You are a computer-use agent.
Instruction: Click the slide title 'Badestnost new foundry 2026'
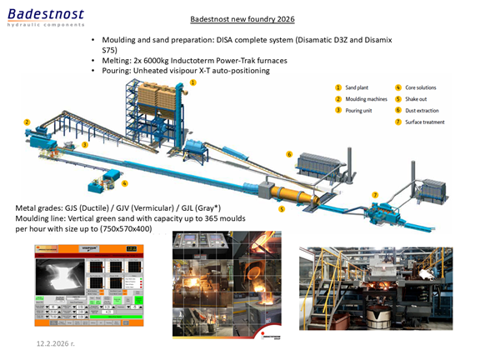(242, 18)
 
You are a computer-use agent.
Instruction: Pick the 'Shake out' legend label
(418, 98)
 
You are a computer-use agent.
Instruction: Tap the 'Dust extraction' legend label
(425, 110)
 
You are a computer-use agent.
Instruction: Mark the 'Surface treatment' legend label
(427, 122)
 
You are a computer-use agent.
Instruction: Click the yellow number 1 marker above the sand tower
(192, 83)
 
